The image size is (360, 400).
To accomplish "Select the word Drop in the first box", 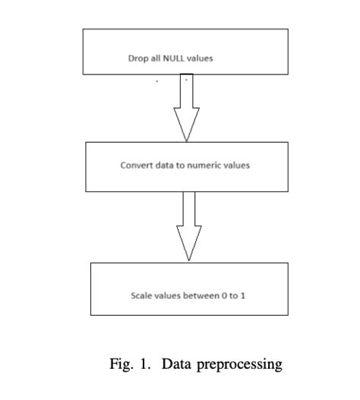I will pos(136,58).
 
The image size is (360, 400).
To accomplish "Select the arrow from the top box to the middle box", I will pos(186,106).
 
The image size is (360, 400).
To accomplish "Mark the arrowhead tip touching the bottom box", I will pos(189,260).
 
